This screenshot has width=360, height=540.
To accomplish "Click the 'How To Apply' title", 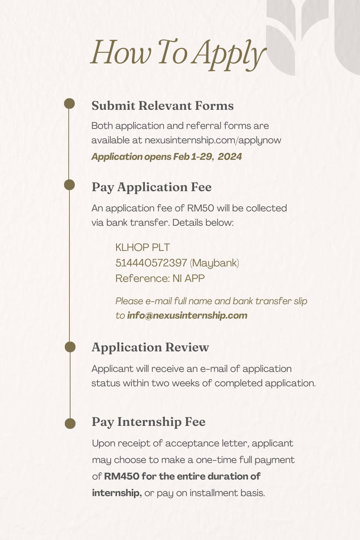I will click(178, 53).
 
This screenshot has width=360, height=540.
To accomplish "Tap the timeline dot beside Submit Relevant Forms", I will click(69, 104).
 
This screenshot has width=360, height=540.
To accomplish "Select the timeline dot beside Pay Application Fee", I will click(69, 185).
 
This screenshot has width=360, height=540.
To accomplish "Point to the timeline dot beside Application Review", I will click(70, 347).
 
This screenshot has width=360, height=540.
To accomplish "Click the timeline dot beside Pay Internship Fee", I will click(70, 423).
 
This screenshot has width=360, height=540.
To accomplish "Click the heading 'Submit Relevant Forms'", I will click(162, 106).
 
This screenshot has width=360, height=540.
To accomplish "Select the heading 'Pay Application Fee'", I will click(152, 187).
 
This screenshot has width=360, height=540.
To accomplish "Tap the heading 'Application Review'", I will click(150, 347).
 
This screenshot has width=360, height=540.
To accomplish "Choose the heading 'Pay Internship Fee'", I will click(148, 422).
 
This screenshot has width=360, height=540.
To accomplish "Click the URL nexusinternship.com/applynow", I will click(213, 140).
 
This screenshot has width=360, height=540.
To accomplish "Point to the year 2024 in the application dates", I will click(230, 157).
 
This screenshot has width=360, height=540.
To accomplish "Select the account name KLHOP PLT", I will click(142, 248).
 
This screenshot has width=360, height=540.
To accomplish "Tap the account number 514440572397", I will click(151, 263).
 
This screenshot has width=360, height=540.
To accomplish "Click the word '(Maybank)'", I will click(215, 263).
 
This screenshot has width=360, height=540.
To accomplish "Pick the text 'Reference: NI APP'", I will click(160, 279).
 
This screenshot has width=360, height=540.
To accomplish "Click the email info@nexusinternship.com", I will click(187, 316).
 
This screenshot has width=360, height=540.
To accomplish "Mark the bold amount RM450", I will click(121, 477).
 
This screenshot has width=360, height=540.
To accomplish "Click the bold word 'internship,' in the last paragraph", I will click(116, 493).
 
